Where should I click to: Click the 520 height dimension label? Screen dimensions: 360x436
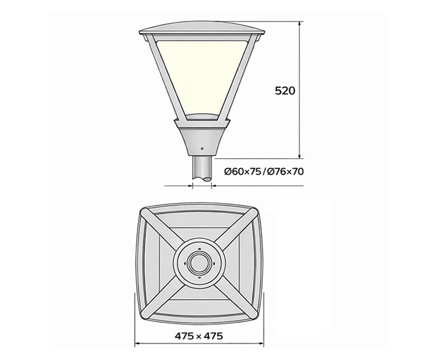(x=285, y=90)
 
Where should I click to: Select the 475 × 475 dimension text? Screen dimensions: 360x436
(x=198, y=336)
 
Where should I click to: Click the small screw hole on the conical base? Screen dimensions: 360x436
(x=202, y=146)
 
